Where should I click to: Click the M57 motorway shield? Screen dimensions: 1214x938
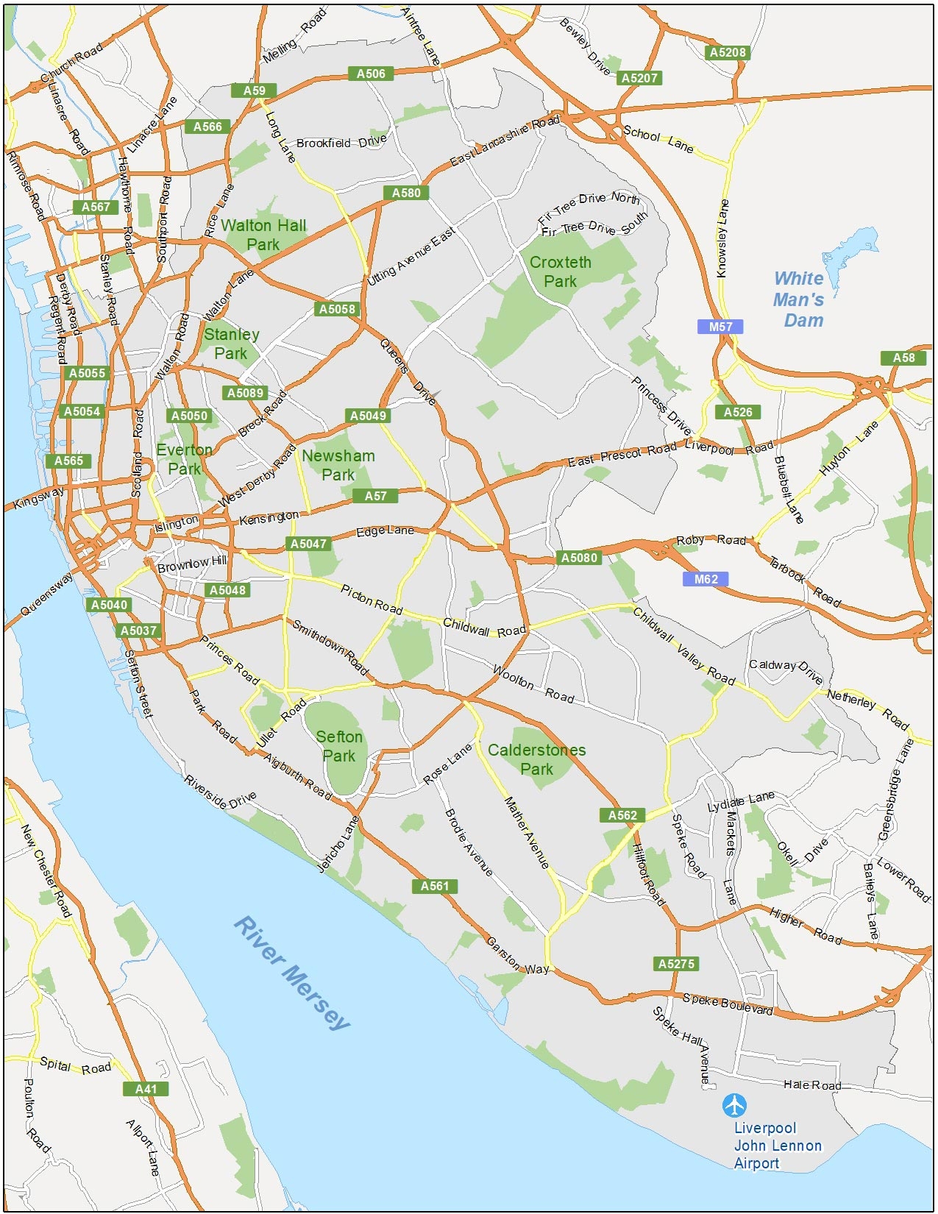pyautogui.click(x=720, y=327)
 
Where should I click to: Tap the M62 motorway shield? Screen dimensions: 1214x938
pyautogui.click(x=706, y=579)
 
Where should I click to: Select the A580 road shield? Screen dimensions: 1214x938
pyautogui.click(x=405, y=193)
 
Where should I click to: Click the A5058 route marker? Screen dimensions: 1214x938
pyautogui.click(x=337, y=309)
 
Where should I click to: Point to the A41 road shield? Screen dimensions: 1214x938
pyautogui.click(x=146, y=1089)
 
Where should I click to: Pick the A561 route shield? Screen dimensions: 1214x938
pyautogui.click(x=434, y=886)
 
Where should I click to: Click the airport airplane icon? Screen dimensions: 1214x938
pyautogui.click(x=733, y=1105)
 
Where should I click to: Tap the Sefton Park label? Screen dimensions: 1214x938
pyautogui.click(x=339, y=746)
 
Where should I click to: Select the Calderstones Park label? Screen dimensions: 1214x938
pyautogui.click(x=537, y=759)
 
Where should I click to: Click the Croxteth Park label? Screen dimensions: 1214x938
pyautogui.click(x=560, y=271)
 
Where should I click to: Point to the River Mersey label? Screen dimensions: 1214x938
pyautogui.click(x=292, y=973)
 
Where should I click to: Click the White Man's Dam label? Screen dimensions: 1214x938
pyautogui.click(x=799, y=299)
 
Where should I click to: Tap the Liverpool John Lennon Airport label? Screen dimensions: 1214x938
pyautogui.click(x=777, y=1146)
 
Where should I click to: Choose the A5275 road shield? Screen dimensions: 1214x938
pyautogui.click(x=675, y=964)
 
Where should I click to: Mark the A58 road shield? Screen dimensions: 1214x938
pyautogui.click(x=903, y=358)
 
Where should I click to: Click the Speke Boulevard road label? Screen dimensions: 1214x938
pyautogui.click(x=728, y=1004)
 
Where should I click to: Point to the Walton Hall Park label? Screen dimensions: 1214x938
pyautogui.click(x=263, y=235)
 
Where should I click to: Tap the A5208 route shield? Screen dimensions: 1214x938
pyautogui.click(x=727, y=52)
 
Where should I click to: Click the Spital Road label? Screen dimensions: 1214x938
pyautogui.click(x=75, y=1065)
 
